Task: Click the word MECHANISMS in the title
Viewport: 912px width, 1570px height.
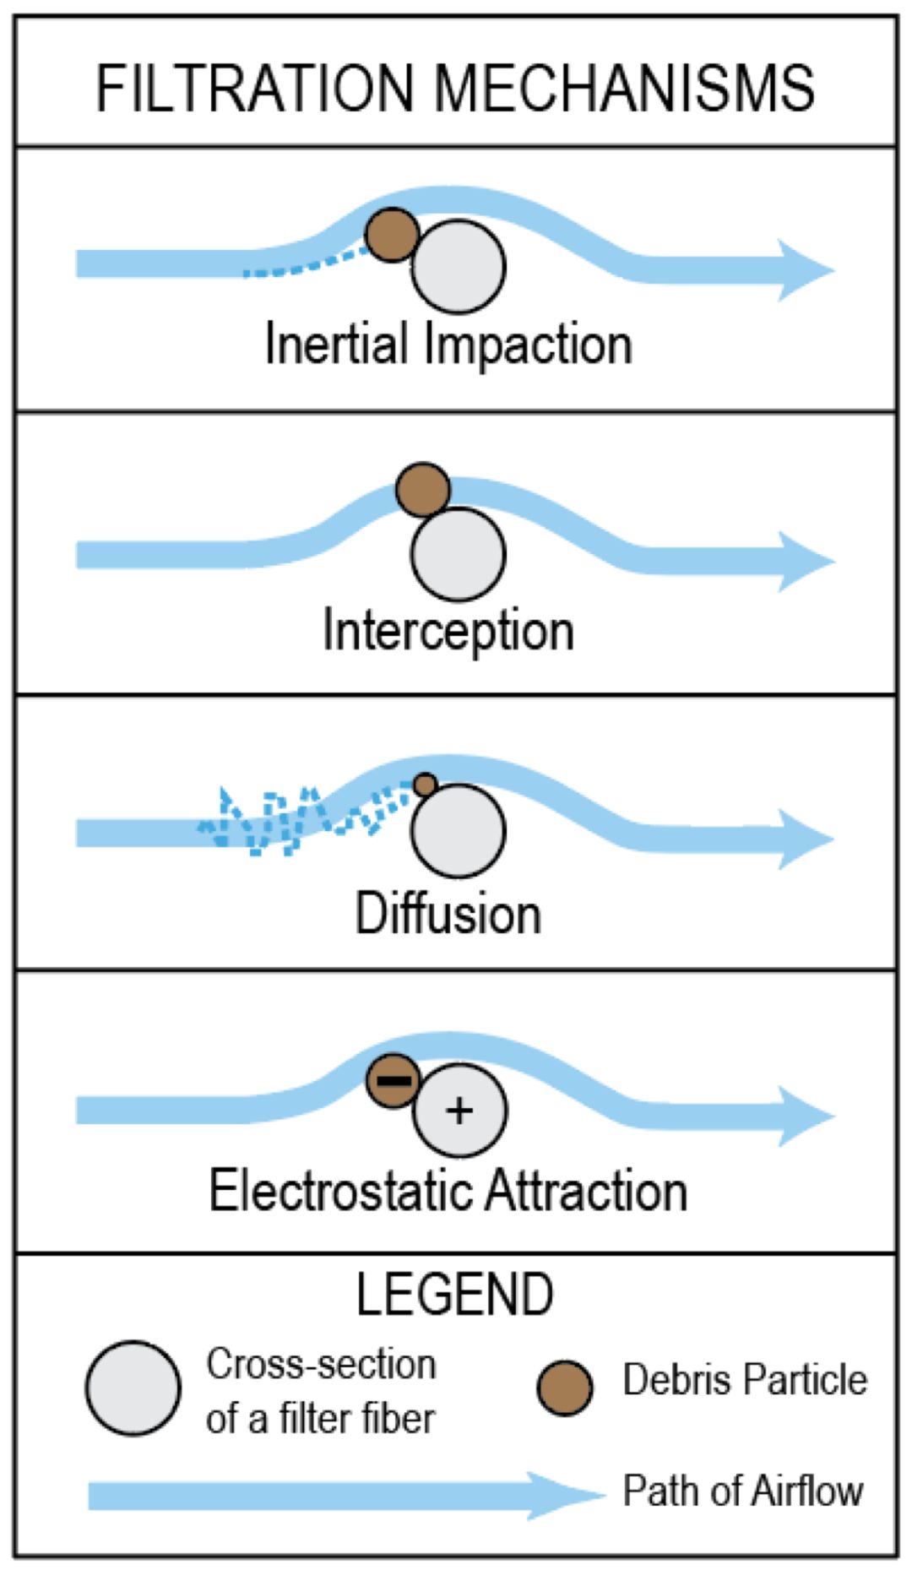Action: point(625,88)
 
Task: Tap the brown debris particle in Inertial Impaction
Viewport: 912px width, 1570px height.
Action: point(392,234)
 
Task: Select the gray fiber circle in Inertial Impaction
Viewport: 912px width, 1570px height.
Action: point(459,267)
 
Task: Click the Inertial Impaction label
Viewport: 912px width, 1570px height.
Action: point(448,345)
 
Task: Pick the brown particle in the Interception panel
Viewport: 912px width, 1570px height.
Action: point(423,489)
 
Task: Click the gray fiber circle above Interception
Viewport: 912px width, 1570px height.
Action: point(459,554)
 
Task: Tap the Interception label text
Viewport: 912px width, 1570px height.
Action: point(448,631)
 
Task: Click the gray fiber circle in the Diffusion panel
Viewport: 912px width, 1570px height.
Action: point(459,831)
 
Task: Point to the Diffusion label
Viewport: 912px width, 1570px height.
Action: point(448,914)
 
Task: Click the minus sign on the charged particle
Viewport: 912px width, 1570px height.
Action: point(394,1080)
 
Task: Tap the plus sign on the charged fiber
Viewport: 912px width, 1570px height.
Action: point(459,1110)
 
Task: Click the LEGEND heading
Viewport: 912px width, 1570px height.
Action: point(455,1294)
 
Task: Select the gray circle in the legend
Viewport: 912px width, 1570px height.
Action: point(133,1388)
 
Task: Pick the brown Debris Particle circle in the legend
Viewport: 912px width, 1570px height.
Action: point(565,1388)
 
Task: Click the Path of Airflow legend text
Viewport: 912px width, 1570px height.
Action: point(743,1491)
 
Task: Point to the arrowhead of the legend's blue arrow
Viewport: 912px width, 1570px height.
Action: point(574,1496)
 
